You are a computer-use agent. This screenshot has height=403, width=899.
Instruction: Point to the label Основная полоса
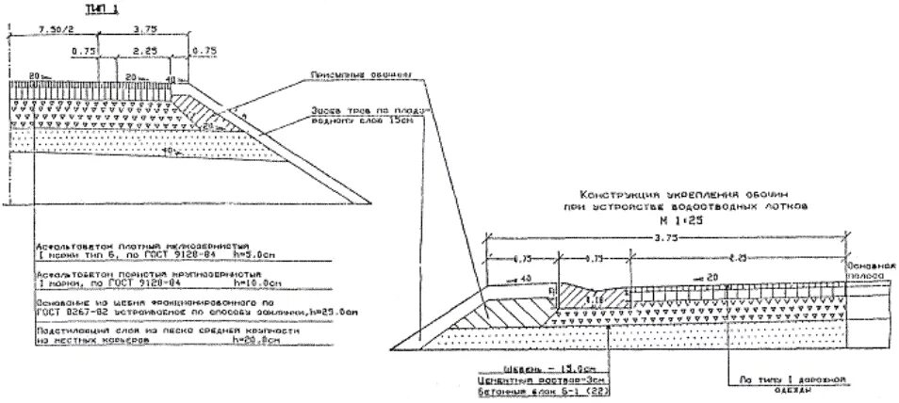pyautogui.click(x=873, y=270)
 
